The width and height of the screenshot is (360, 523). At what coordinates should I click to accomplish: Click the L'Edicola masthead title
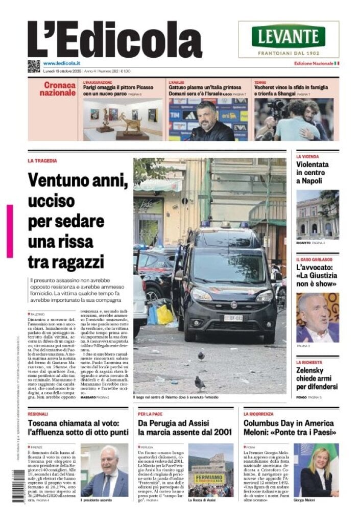[x=114, y=40]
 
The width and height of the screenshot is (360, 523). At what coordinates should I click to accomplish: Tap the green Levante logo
[x=289, y=36]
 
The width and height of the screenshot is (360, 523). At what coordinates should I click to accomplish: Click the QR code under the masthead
[x=34, y=66]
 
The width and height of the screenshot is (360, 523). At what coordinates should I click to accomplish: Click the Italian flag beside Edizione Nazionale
[x=337, y=63]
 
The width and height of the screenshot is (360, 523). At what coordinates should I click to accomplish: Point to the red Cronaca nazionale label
[x=58, y=89]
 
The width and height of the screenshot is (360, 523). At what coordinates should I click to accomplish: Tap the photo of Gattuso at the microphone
[x=208, y=120]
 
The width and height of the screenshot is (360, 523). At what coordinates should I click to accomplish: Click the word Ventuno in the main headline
[x=57, y=180]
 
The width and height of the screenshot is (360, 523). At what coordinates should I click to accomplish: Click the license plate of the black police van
[x=233, y=318]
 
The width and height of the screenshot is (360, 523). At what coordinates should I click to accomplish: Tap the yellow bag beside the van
[x=165, y=315]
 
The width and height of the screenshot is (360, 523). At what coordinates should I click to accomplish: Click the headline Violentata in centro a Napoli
[x=313, y=172]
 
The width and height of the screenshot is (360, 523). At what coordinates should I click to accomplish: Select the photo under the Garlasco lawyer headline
[x=317, y=317]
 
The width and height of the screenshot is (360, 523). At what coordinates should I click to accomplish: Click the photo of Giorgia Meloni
[x=316, y=470]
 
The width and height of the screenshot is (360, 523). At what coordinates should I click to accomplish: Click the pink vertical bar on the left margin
[x=10, y=231]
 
